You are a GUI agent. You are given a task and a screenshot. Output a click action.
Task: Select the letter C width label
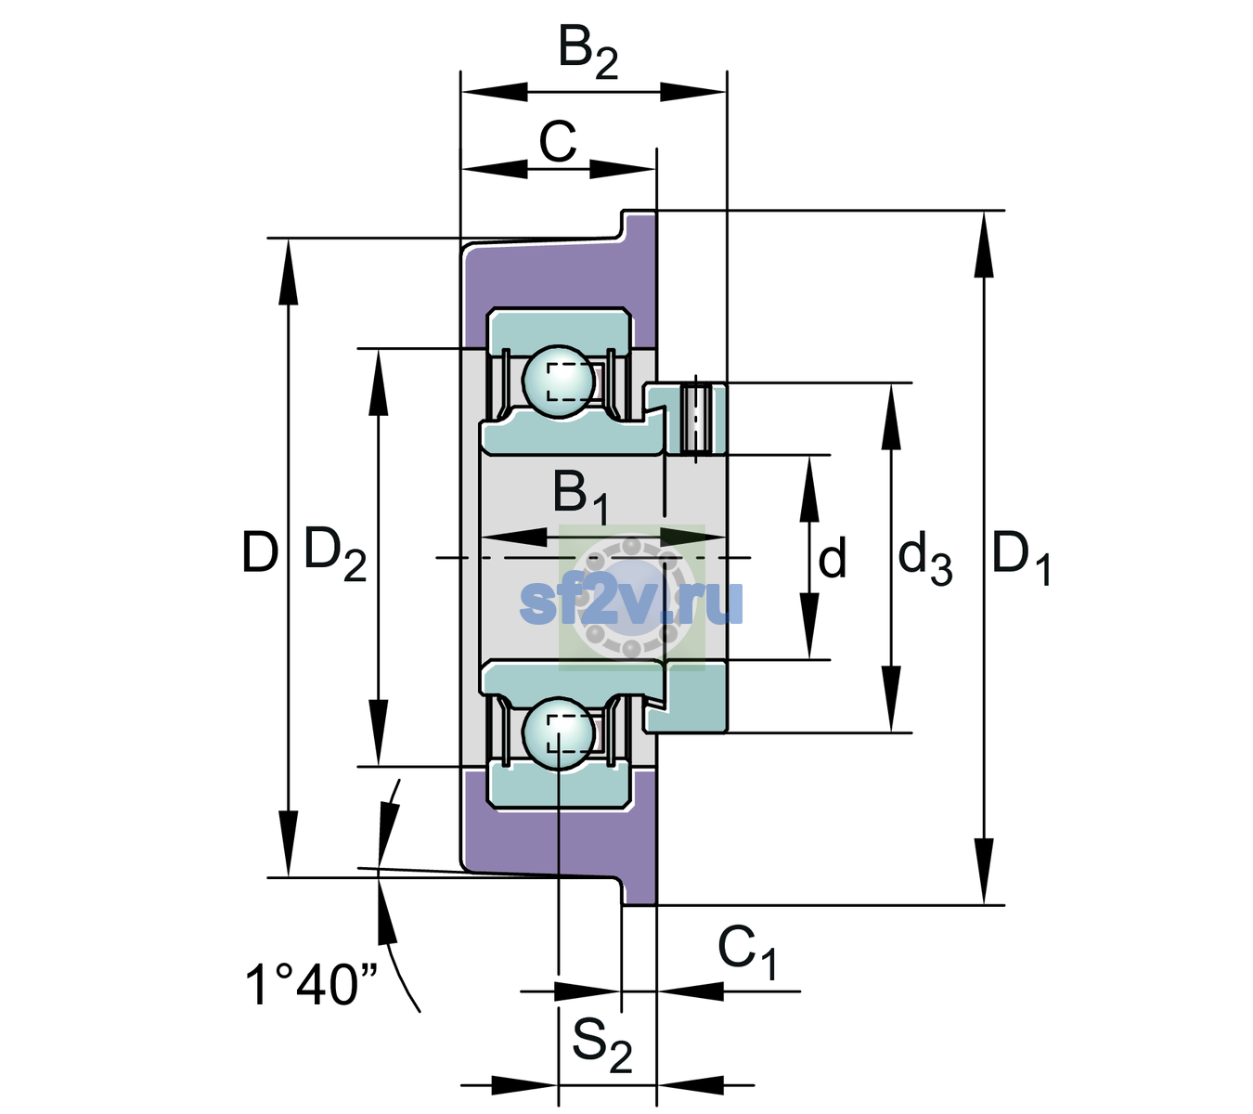tap(557, 141)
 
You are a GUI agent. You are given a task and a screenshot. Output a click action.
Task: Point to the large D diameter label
tap(260, 552)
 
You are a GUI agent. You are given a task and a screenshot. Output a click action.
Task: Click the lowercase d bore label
tap(832, 557)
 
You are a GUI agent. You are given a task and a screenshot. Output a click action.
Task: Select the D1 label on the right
tap(1021, 559)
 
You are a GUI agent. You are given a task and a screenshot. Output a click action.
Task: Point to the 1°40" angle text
tap(311, 984)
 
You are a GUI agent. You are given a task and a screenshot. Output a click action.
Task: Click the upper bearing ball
tap(559, 382)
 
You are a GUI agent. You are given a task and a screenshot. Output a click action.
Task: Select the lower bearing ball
tap(559, 733)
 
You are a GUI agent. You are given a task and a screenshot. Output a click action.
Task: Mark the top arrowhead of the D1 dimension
tap(983, 243)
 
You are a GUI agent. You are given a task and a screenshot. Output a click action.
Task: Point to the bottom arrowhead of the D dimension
tap(289, 844)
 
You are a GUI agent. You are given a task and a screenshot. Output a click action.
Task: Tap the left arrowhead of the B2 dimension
tap(494, 92)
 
